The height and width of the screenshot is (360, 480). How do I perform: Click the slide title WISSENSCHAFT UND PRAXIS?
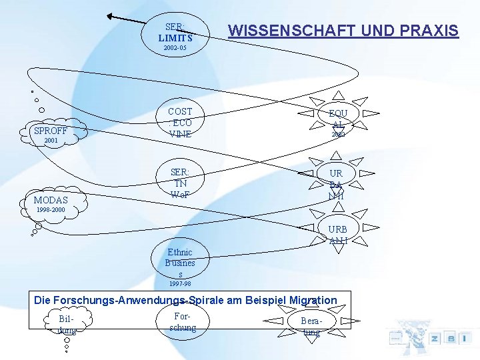pos(343,31)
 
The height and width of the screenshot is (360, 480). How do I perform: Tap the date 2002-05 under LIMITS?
pos(175,49)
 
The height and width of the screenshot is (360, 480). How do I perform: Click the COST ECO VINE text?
pos(180,123)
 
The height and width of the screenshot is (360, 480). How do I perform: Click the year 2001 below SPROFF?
pos(51,141)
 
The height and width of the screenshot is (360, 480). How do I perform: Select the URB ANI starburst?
pos(337,234)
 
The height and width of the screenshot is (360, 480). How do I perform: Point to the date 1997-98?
pos(180,284)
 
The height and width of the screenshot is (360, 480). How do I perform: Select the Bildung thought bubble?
pos(67,324)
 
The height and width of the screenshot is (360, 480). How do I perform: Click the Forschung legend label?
pos(183,322)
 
